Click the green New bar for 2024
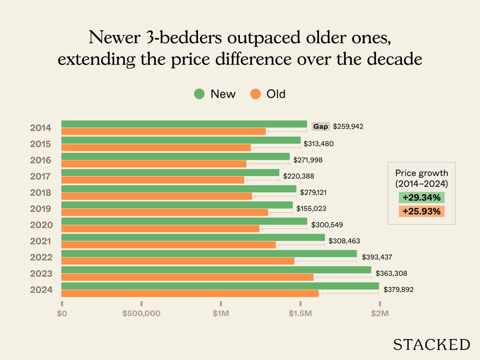(220, 286)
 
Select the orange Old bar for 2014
(163, 131)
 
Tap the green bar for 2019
(177, 205)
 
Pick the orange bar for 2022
(178, 261)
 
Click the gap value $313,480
(318, 144)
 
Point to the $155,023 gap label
(311, 208)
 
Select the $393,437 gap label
(377, 257)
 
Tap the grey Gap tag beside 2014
(320, 127)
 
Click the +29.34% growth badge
(421, 197)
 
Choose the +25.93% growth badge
(421, 211)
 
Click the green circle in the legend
(199, 94)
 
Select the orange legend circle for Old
(255, 94)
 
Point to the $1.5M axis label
(300, 313)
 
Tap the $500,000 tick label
(141, 313)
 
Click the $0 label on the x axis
(62, 313)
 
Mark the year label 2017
(40, 176)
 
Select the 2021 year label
(40, 241)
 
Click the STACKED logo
(431, 345)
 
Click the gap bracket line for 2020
(284, 229)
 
